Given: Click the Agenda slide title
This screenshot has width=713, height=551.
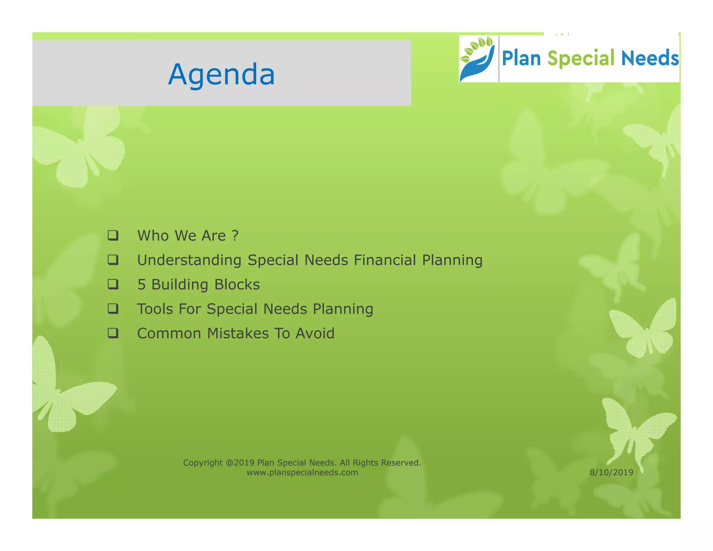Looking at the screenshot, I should (221, 75).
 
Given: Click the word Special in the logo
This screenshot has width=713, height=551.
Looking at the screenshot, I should (581, 58).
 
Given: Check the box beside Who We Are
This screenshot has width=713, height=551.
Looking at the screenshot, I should (113, 235).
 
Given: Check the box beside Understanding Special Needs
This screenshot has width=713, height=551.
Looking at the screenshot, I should (113, 260).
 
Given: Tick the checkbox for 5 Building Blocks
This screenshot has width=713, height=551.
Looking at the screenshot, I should (113, 284).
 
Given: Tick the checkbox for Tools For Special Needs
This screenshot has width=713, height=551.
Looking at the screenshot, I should (113, 309).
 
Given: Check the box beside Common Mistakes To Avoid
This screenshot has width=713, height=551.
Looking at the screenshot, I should (113, 333).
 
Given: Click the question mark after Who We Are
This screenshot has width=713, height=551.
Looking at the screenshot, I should (235, 236).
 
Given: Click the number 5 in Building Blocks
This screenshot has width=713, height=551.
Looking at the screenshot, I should (141, 285).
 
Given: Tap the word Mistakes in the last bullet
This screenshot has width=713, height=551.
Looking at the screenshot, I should (238, 333).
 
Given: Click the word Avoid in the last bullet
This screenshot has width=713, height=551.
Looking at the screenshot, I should (315, 333).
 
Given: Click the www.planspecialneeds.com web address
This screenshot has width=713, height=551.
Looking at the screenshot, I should (302, 473).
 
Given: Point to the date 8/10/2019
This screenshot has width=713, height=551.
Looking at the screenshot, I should (611, 473).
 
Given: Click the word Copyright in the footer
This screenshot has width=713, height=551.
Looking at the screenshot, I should (203, 463).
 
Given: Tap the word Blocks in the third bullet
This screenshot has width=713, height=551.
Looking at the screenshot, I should (237, 285).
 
